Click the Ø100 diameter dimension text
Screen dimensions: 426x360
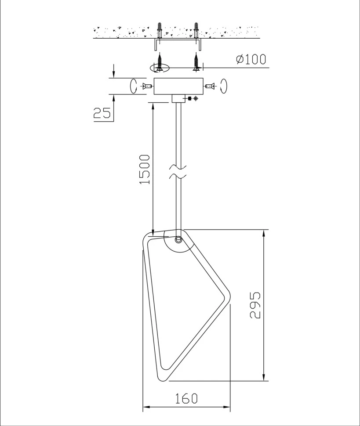(251, 59)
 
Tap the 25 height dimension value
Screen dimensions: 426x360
(102, 113)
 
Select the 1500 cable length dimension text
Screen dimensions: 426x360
(145, 169)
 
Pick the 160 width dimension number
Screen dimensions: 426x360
(186, 399)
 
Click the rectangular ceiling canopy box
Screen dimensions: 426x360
(178, 86)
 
